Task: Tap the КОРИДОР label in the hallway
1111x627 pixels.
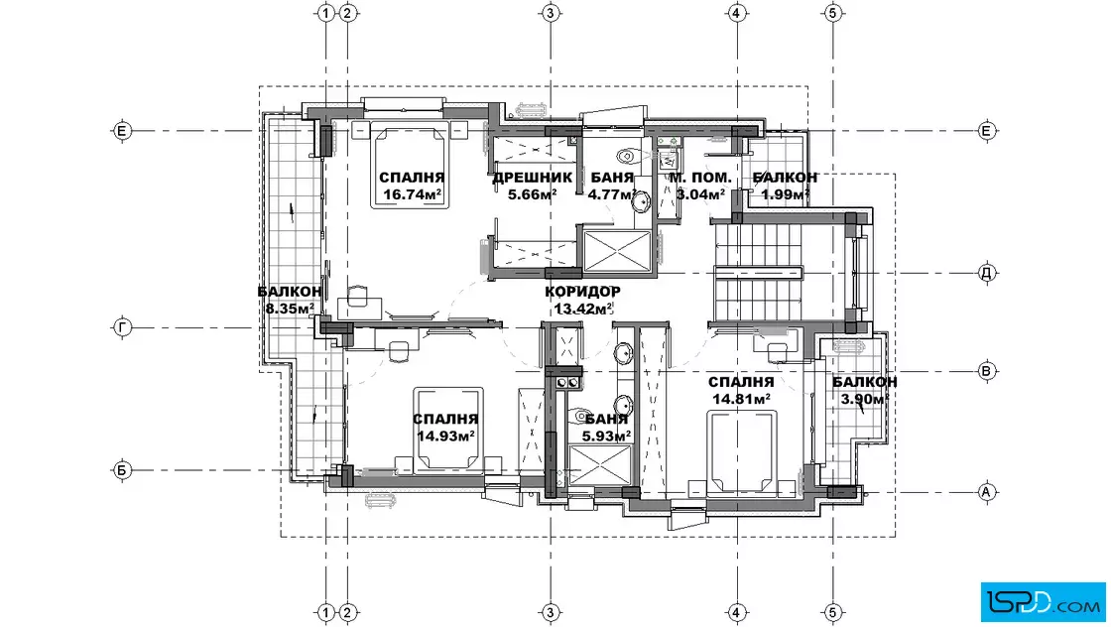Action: pyautogui.click(x=582, y=292)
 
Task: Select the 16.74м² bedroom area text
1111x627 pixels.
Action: pyautogui.click(x=413, y=194)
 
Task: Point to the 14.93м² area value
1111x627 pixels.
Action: pyautogui.click(x=445, y=437)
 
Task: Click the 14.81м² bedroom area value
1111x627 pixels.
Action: pyautogui.click(x=741, y=400)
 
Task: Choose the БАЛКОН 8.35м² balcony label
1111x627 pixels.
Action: pyautogui.click(x=290, y=300)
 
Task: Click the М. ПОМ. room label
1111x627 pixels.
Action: pyautogui.click(x=700, y=178)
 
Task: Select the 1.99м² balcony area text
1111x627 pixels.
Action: pyautogui.click(x=785, y=194)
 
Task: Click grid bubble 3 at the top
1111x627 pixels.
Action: pyautogui.click(x=551, y=13)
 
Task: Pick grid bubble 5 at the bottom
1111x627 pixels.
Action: pyautogui.click(x=832, y=612)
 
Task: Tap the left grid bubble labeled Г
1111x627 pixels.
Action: pyautogui.click(x=123, y=327)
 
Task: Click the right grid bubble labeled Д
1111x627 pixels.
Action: pyautogui.click(x=987, y=273)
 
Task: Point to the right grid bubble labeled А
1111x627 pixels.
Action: pyautogui.click(x=987, y=492)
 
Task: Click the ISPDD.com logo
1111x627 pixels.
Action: pyautogui.click(x=1044, y=602)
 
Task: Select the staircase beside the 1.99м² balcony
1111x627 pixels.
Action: pyautogui.click(x=758, y=273)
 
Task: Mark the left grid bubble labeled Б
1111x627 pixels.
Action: pyautogui.click(x=123, y=470)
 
